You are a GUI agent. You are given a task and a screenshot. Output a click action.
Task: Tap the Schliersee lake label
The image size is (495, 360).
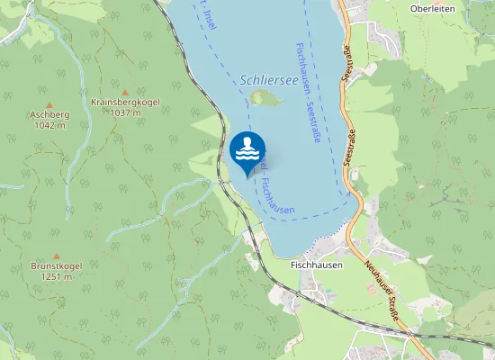click(x=268, y=79)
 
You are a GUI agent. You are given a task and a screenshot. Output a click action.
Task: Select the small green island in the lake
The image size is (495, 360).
click(x=264, y=96)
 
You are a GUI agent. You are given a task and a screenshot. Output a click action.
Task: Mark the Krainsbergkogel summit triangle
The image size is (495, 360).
click(x=125, y=91)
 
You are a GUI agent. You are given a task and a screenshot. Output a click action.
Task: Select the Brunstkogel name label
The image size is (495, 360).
click(x=56, y=266)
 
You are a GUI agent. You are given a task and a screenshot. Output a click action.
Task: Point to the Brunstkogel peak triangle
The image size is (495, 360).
click(x=56, y=256)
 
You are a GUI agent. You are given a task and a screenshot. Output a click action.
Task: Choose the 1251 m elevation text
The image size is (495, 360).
click(x=56, y=277)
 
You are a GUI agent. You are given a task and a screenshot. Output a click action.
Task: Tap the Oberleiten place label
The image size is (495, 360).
click(x=432, y=9)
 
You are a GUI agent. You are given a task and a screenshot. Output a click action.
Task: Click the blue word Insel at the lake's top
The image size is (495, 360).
click(x=208, y=16)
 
